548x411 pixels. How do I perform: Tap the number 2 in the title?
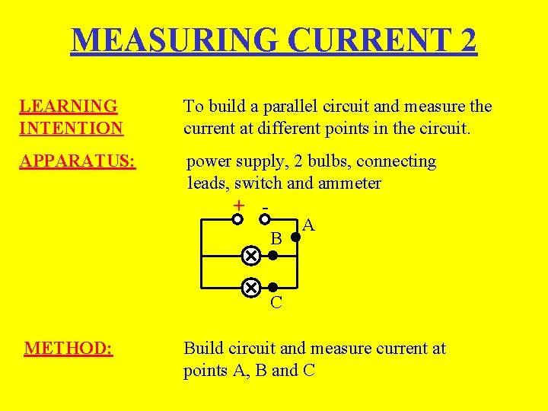(x=464, y=40)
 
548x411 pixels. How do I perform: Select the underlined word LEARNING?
(x=68, y=107)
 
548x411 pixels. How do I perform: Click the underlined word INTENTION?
(x=71, y=129)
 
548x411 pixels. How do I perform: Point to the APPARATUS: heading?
(x=78, y=161)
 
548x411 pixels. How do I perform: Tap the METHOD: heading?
(x=68, y=349)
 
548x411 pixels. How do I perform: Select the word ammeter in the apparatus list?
(x=348, y=183)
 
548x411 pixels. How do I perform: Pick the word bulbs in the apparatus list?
(x=330, y=161)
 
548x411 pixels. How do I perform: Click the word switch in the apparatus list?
(x=260, y=183)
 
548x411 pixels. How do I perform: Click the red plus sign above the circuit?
(x=239, y=205)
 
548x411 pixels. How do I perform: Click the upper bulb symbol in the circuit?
(x=250, y=256)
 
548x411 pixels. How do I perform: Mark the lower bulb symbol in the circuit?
(x=250, y=288)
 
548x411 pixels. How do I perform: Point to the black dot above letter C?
(x=272, y=288)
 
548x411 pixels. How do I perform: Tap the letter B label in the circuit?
(x=277, y=239)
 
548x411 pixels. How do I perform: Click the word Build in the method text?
(x=205, y=349)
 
